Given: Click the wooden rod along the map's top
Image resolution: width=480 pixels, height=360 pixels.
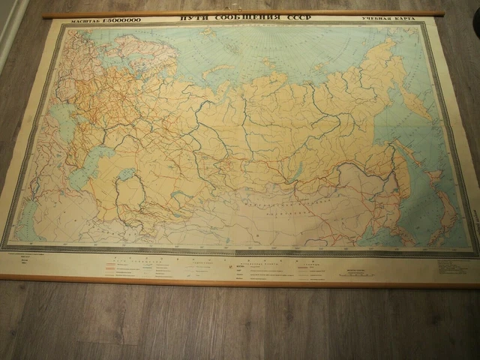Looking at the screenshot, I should [240, 13].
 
